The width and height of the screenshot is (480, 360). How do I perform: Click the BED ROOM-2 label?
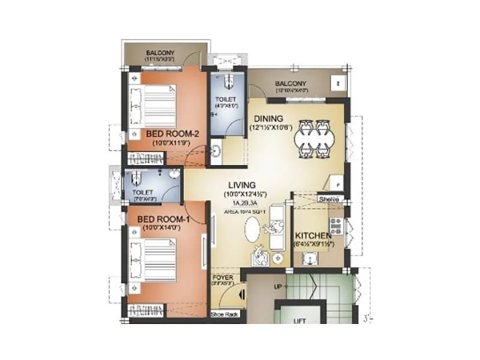tap(169, 134)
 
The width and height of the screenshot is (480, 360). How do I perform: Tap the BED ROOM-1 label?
tap(163, 220)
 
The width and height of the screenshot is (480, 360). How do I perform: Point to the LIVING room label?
tap(242, 185)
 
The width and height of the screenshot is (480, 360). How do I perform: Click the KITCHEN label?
tap(314, 236)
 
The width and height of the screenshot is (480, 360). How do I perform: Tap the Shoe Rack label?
tap(221, 314)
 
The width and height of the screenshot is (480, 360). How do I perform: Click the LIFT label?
tap(299, 321)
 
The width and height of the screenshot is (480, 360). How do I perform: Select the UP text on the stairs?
tap(278, 287)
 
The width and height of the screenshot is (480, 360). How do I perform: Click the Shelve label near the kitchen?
tap(329, 199)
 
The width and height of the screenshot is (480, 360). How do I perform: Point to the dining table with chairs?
tap(313, 136)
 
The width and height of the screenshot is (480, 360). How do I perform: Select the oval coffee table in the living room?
tap(255, 230)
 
